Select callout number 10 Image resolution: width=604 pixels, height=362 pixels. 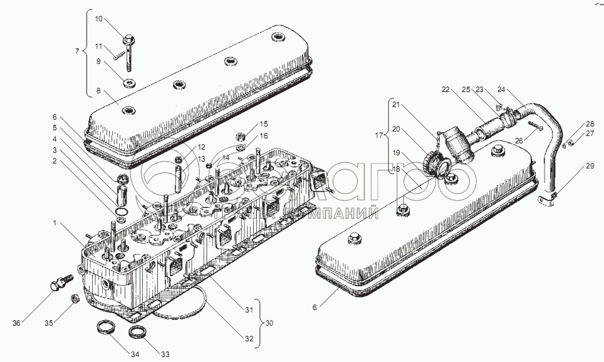(98, 19)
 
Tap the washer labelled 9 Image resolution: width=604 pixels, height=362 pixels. (130, 82)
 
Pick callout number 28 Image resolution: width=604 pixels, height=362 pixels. (589, 124)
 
